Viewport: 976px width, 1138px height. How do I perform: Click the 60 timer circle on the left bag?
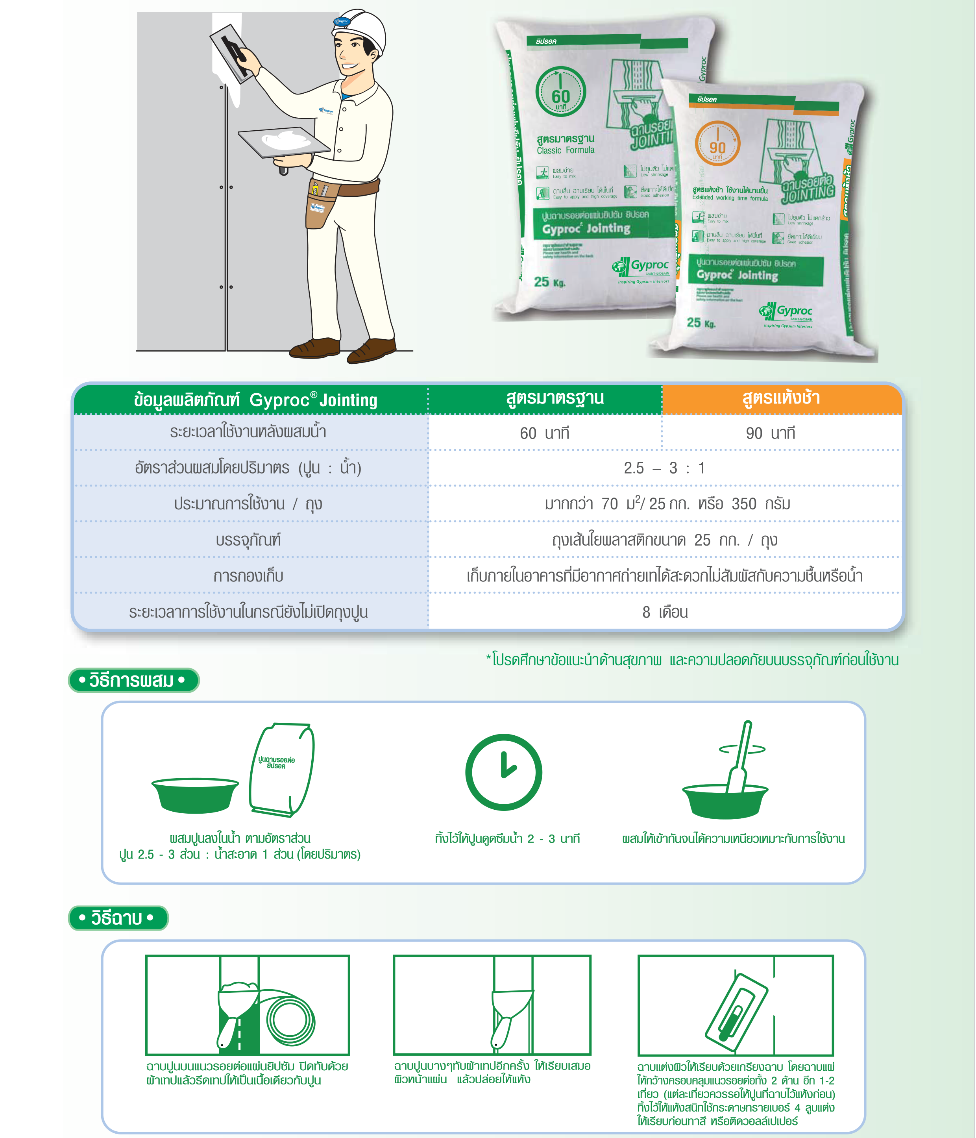tap(561, 92)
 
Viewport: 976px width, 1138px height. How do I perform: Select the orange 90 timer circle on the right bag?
tap(717, 144)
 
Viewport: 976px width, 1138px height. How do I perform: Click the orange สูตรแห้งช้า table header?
tap(781, 398)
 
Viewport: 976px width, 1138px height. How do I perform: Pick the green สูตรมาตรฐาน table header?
tap(555, 398)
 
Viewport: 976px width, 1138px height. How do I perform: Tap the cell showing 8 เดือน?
tap(665, 612)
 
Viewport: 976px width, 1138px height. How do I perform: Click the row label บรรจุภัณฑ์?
tap(248, 540)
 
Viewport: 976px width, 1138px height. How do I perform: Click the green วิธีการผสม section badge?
tap(133, 681)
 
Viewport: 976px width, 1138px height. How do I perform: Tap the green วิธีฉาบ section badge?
tap(118, 918)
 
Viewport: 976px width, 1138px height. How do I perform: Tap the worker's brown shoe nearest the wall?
tap(315, 348)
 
